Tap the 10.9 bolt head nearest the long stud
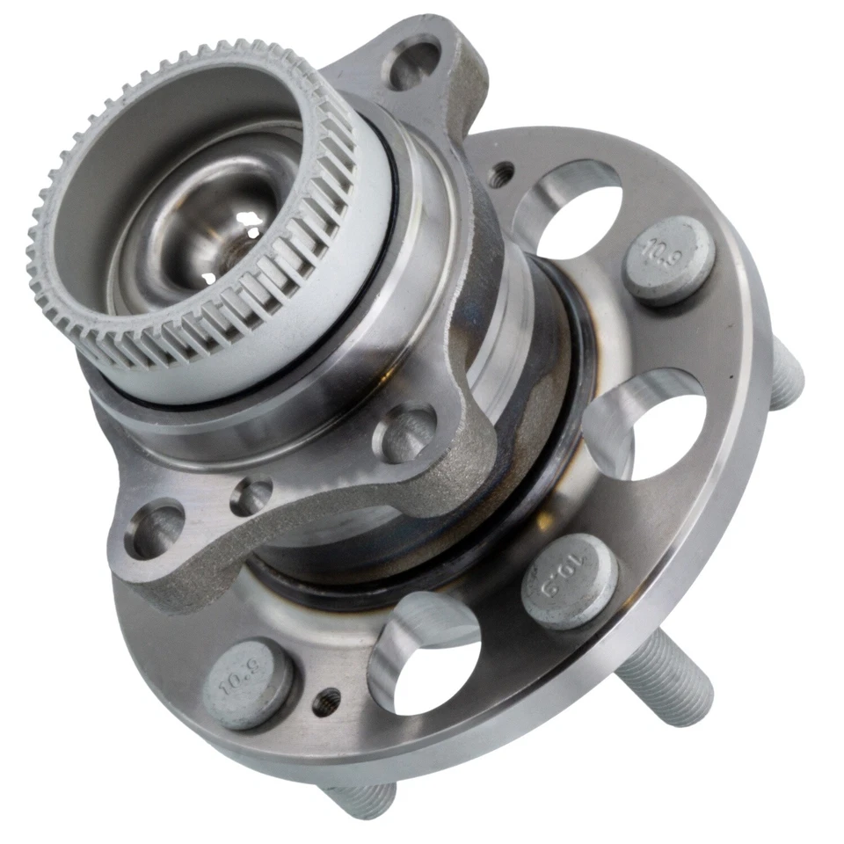[570, 581]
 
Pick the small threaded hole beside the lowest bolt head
[329, 700]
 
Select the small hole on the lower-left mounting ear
[251, 498]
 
